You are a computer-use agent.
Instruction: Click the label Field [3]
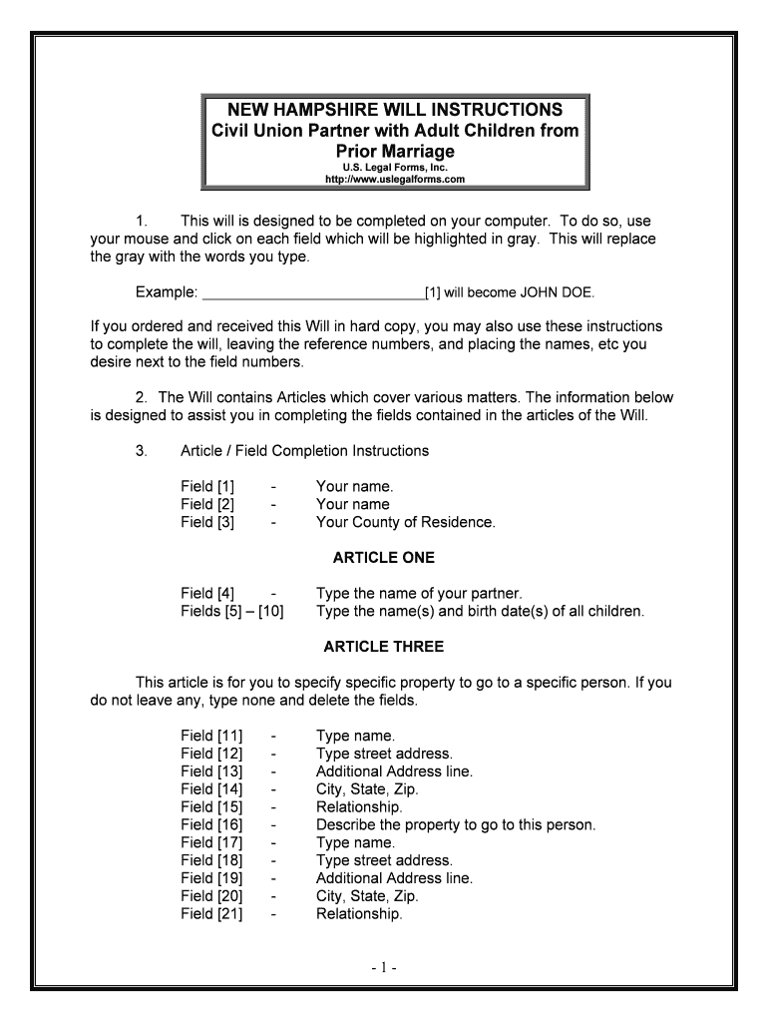pyautogui.click(x=207, y=522)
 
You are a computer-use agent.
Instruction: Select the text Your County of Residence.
pyautogui.click(x=405, y=522)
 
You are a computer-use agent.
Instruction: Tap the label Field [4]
pyautogui.click(x=207, y=593)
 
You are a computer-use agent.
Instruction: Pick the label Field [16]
pyautogui.click(x=211, y=824)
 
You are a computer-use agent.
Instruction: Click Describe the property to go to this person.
pyautogui.click(x=455, y=824)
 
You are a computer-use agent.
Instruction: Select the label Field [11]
pyautogui.click(x=211, y=736)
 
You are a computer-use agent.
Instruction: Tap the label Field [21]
pyautogui.click(x=211, y=913)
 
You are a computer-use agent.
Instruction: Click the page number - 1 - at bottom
pyautogui.click(x=383, y=967)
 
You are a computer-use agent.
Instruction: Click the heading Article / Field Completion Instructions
pyautogui.click(x=304, y=451)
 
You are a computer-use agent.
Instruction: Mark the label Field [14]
pyautogui.click(x=211, y=788)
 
